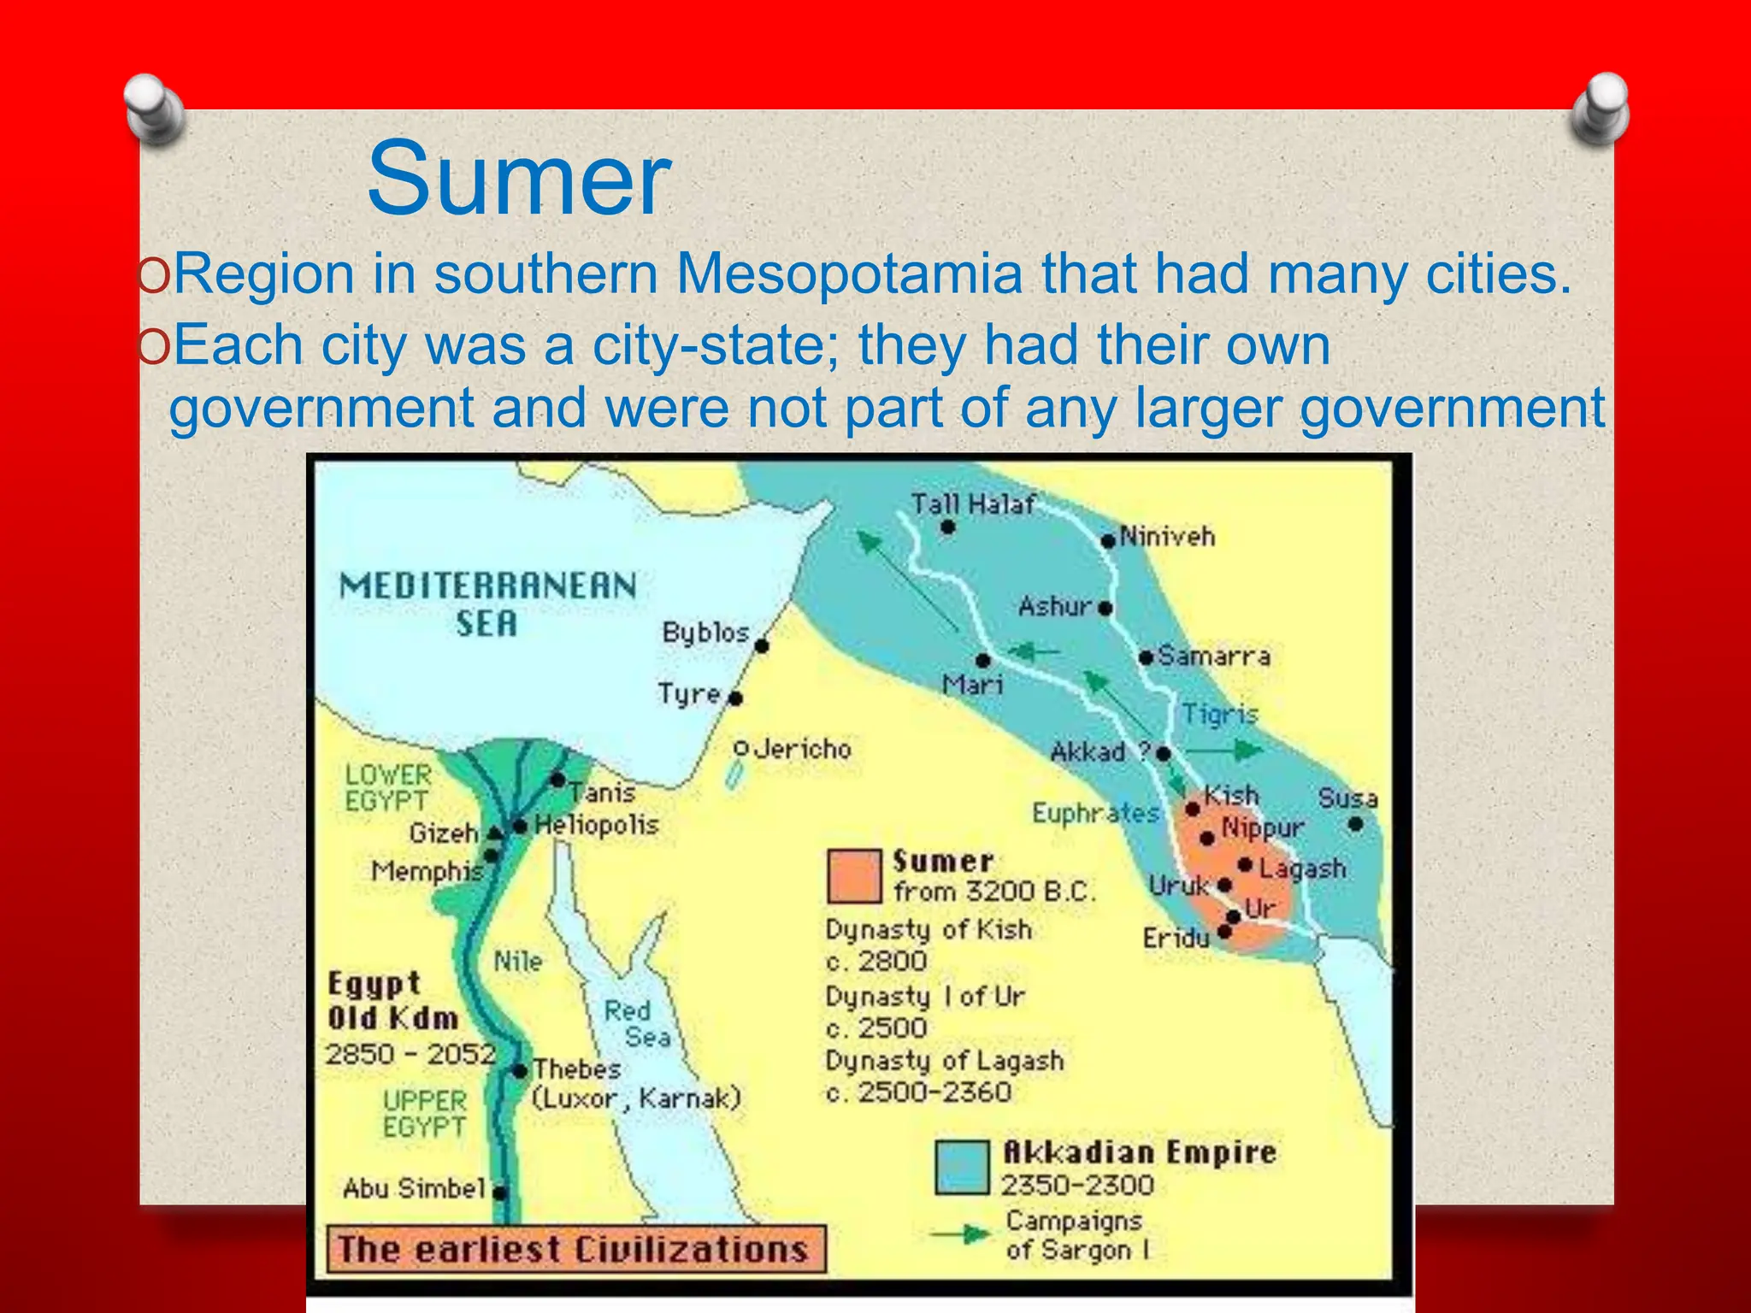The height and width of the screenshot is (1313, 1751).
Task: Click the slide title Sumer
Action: coord(519,179)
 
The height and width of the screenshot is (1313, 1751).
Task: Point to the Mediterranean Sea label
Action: coord(487,604)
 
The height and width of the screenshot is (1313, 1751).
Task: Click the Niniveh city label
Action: coord(1167,537)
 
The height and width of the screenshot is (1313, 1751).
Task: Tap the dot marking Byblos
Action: coord(762,646)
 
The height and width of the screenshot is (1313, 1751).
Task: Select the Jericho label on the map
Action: coord(803,750)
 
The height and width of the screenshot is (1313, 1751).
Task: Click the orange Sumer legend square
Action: coord(854,876)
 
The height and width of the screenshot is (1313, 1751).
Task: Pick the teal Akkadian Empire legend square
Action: coord(963,1167)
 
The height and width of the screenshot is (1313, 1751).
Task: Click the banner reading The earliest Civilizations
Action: coord(575,1250)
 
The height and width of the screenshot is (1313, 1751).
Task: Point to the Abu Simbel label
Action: coord(415,1188)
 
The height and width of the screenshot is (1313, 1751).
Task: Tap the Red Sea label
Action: coord(637,1023)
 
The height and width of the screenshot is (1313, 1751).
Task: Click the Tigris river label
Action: coord(1220,714)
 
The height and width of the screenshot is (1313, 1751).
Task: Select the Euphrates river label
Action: coord(1095,812)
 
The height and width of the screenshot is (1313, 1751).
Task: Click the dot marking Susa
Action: coord(1355,825)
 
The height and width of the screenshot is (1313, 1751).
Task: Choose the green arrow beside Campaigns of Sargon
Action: coord(961,1234)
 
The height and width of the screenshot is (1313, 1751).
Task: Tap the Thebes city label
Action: coord(577,1069)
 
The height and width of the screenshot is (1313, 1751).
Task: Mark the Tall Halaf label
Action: coord(972,504)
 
